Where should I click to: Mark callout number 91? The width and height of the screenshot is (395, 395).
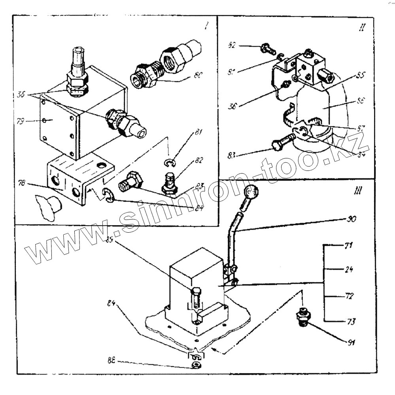[x=350, y=342]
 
